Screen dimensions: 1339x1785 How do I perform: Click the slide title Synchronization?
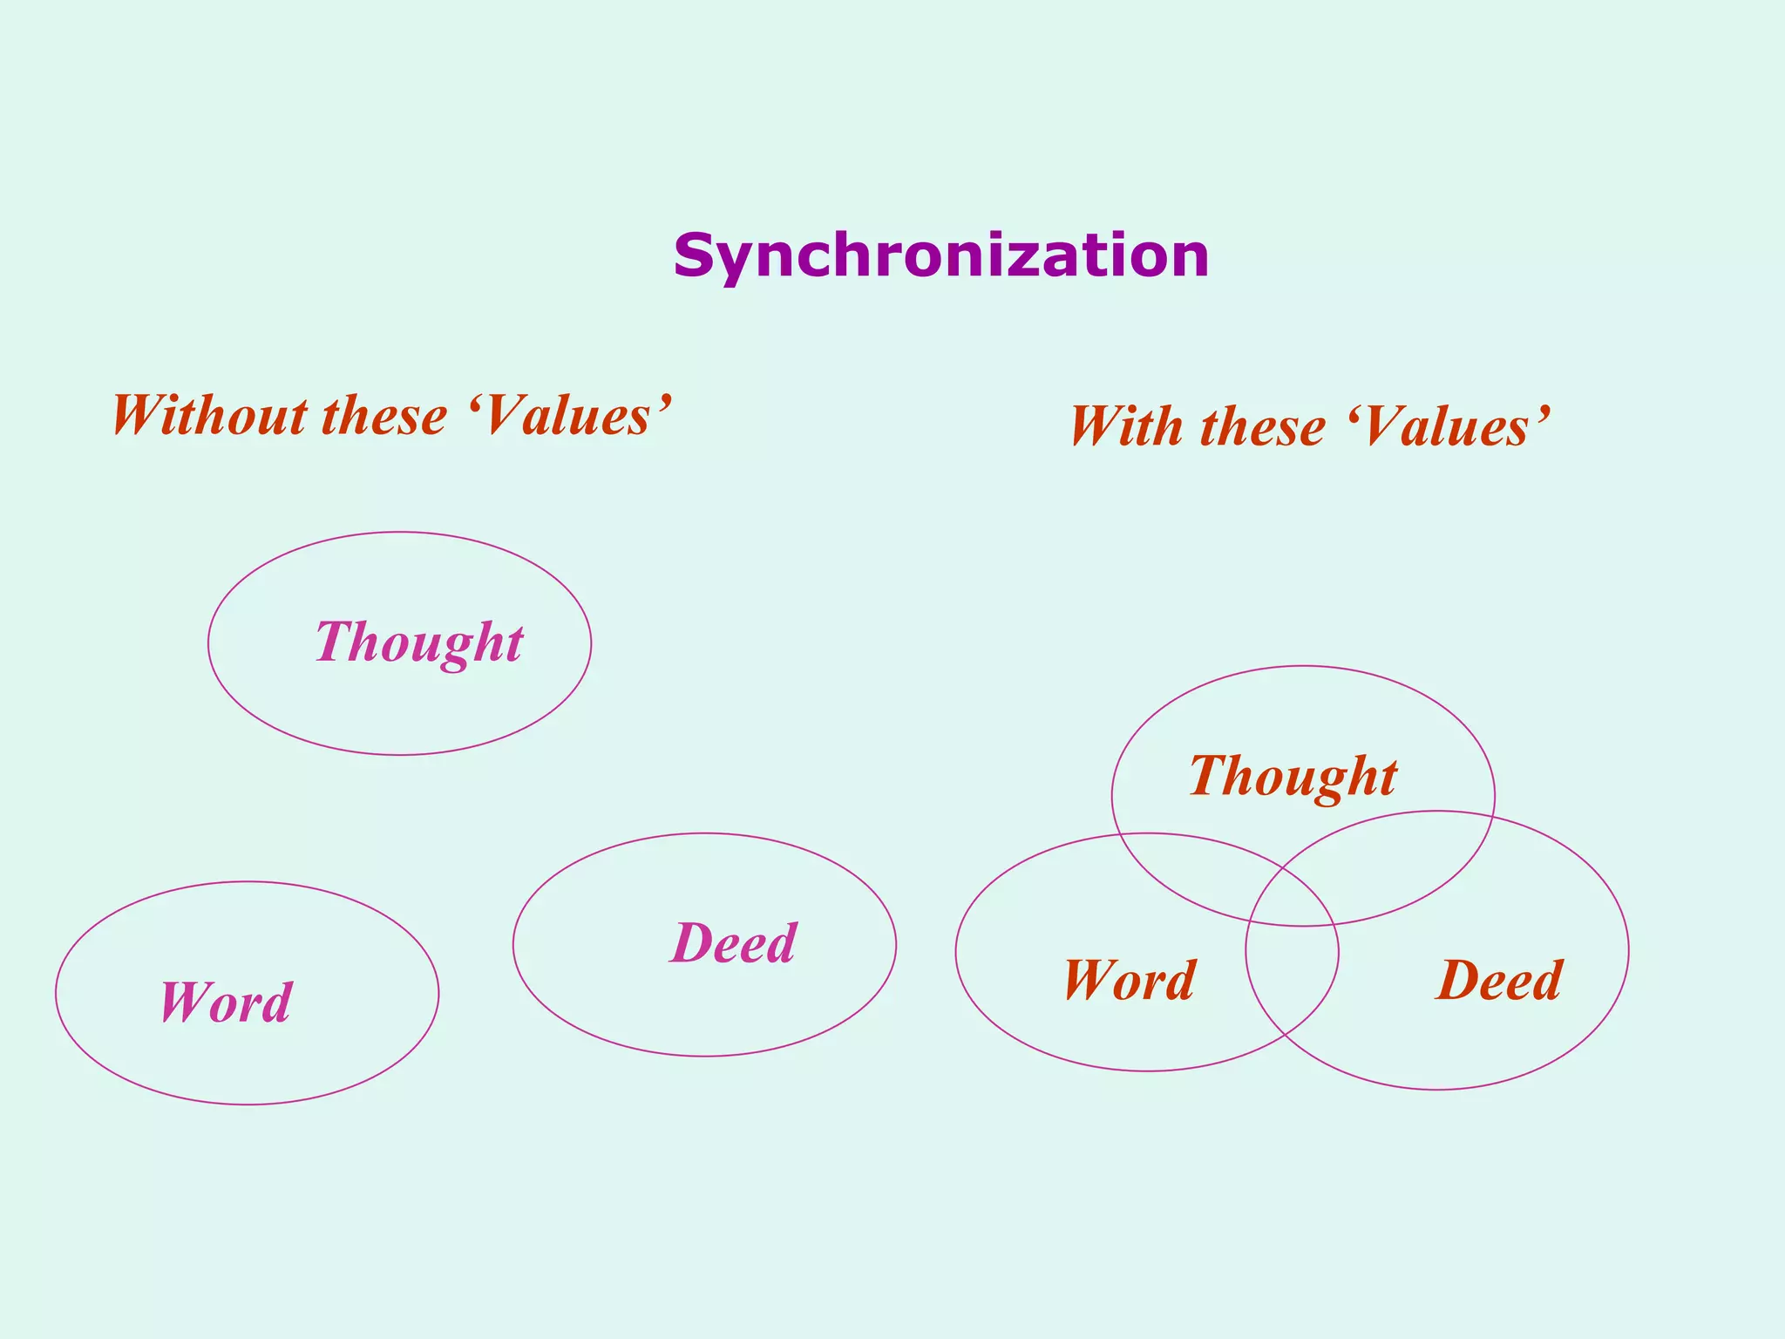pyautogui.click(x=941, y=256)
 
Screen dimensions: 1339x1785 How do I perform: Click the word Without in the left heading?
pyautogui.click(x=209, y=416)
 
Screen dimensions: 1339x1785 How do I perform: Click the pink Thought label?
pyautogui.click(x=418, y=642)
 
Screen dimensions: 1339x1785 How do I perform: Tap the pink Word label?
pyautogui.click(x=226, y=1003)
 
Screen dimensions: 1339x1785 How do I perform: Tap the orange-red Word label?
pyautogui.click(x=1130, y=981)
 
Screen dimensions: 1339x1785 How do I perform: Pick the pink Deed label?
pyautogui.click(x=734, y=943)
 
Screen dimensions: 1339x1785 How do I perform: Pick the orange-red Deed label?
pyautogui.click(x=1499, y=981)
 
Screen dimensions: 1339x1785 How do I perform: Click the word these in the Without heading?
pyautogui.click(x=384, y=416)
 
